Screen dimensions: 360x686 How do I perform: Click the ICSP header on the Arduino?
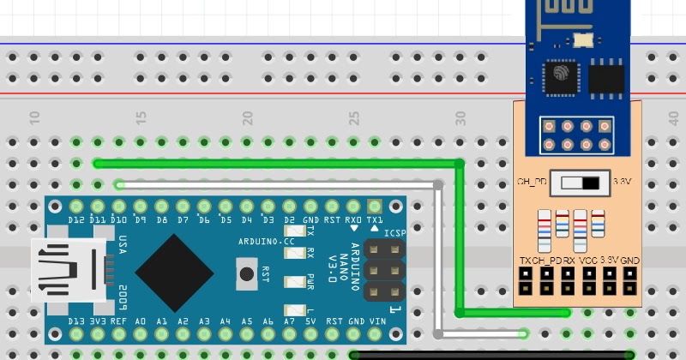[x=384, y=270]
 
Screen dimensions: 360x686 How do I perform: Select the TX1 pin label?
[x=375, y=221]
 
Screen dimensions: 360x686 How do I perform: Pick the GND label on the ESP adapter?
[x=630, y=259]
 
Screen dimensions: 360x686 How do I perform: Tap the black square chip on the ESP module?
[x=606, y=78]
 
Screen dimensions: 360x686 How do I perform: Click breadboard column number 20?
[x=248, y=116]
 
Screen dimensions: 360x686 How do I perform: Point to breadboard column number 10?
[x=35, y=116]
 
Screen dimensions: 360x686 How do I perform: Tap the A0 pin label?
[x=140, y=321]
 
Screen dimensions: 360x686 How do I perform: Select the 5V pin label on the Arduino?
[x=310, y=321]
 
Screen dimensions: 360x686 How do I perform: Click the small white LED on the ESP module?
[x=583, y=39]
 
